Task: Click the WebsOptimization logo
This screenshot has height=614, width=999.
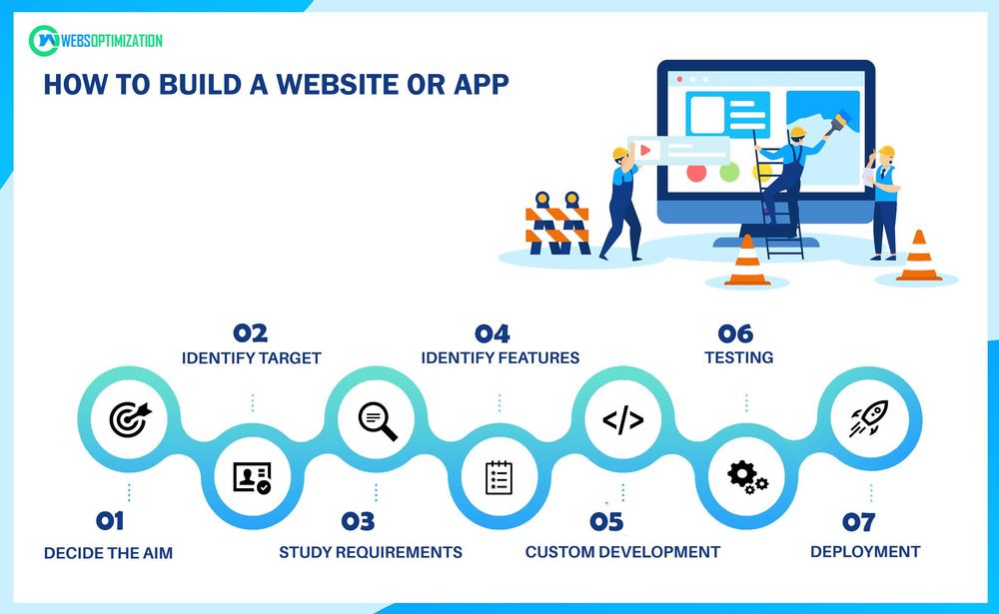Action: point(96,41)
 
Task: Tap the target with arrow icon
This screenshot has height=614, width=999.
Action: point(131,419)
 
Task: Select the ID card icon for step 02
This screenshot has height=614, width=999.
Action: point(253,477)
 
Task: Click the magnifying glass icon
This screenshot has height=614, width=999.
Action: point(378,421)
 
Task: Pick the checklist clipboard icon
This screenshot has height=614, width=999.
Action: point(499,477)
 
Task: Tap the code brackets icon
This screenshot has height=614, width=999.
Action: point(623,419)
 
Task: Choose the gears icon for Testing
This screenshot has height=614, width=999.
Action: point(747,477)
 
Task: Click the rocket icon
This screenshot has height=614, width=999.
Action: point(869,418)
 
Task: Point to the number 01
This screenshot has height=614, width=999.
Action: point(110,521)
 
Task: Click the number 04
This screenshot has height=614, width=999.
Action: point(493,333)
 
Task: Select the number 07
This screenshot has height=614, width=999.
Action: point(859,522)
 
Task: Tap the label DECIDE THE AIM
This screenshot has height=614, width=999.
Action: point(108,553)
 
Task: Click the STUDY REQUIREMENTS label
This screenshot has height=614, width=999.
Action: point(371,552)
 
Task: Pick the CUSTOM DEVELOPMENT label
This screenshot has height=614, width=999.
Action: point(623,551)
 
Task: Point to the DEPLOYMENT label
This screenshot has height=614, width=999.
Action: point(865,551)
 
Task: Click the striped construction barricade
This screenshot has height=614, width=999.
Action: point(557,224)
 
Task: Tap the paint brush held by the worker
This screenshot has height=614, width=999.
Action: point(838,123)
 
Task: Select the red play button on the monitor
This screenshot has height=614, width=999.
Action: point(645,151)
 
